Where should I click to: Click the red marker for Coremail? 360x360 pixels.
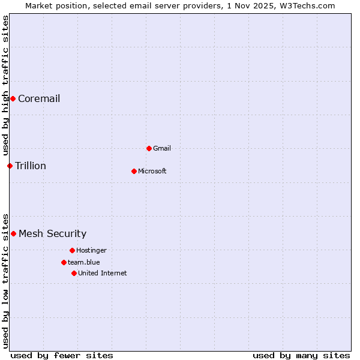[13, 98]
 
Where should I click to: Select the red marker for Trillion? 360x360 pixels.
[10, 166]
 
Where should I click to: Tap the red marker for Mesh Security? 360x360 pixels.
[13, 233]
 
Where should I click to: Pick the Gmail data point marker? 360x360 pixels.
[149, 148]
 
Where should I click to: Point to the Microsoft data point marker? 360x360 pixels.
[134, 171]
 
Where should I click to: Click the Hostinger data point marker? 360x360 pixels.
[72, 250]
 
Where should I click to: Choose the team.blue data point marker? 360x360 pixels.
[64, 262]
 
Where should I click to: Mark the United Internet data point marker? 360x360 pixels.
[74, 273]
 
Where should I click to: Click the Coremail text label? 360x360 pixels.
[39, 99]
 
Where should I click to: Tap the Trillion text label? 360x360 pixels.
[31, 166]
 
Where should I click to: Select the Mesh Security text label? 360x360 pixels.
[53, 234]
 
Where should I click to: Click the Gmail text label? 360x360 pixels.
[162, 148]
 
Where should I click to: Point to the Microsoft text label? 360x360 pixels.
[152, 171]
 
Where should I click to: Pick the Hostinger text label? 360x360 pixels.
[91, 250]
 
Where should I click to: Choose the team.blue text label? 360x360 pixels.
[84, 262]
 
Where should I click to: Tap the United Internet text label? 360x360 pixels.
[103, 273]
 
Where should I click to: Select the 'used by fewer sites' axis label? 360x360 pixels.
[62, 355]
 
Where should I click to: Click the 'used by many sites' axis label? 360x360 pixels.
[301, 355]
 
